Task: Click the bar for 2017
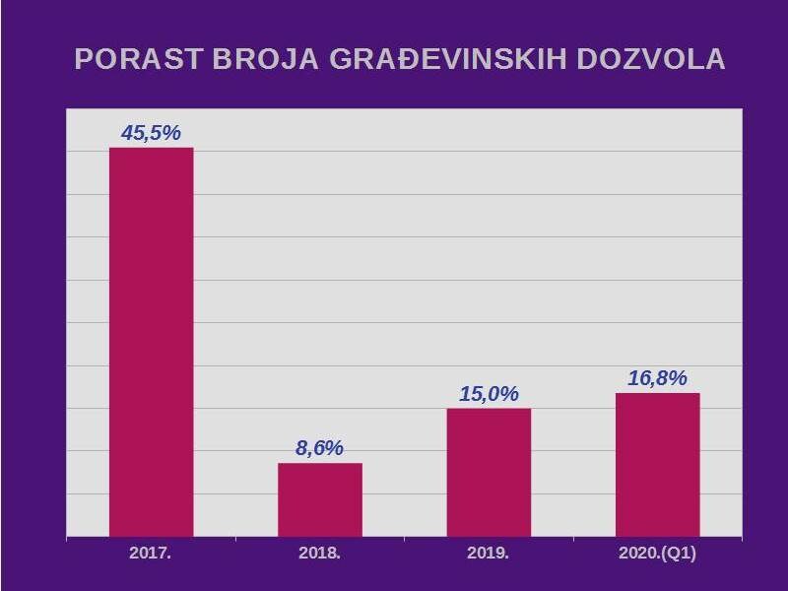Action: [152, 342]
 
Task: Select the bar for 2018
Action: [320, 499]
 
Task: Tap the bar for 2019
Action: [489, 473]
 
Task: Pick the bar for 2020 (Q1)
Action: [658, 465]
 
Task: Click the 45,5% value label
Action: [151, 133]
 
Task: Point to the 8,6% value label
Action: [319, 448]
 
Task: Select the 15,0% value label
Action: [489, 393]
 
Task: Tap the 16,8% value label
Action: [657, 378]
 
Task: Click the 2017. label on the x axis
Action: [151, 554]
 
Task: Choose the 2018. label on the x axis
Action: [319, 554]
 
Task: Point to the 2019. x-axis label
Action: [488, 554]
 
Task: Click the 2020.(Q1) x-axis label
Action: [657, 554]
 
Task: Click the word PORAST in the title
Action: [139, 58]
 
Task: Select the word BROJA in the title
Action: [266, 58]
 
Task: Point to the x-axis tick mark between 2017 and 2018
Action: [235, 539]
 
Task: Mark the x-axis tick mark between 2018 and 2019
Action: [405, 539]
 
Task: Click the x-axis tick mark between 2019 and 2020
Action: [573, 539]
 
